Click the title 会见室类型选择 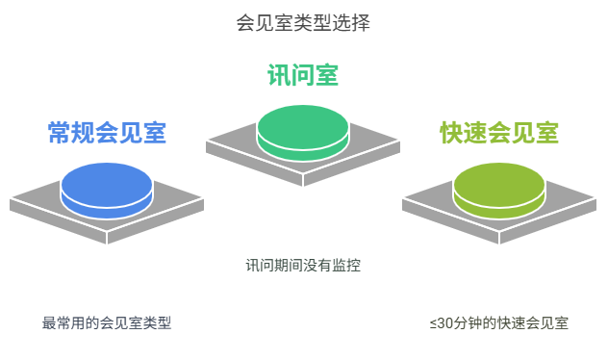pyautogui.click(x=303, y=21)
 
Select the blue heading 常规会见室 pyautogui.click(x=107, y=133)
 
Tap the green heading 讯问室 pyautogui.click(x=303, y=74)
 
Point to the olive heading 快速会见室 pyautogui.click(x=499, y=133)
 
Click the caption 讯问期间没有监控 pyautogui.click(x=303, y=264)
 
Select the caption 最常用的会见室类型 pyautogui.click(x=107, y=323)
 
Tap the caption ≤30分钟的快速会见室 pyautogui.click(x=499, y=323)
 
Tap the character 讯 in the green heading pyautogui.click(x=279, y=74)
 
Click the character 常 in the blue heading pyautogui.click(x=60, y=133)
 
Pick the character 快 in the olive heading pyautogui.click(x=452, y=133)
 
